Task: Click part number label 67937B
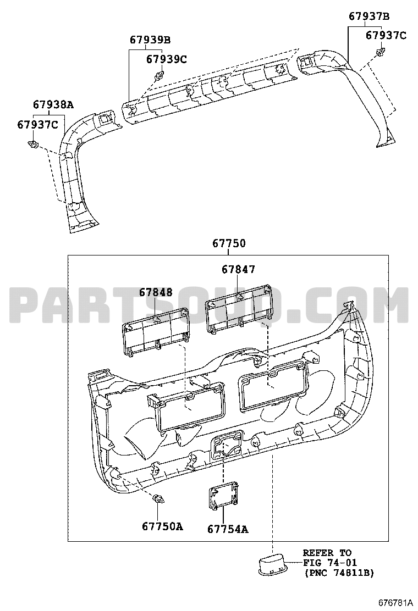[x=369, y=16]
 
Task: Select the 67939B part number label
[x=150, y=40]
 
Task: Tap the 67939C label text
[x=167, y=59]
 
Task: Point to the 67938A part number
[x=53, y=104]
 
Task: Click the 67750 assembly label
[x=229, y=243]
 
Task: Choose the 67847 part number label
[x=238, y=269]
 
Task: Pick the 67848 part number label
[x=156, y=292]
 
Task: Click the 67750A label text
[x=162, y=526]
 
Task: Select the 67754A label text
[x=228, y=529]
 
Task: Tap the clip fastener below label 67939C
[x=159, y=75]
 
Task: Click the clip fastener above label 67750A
[x=158, y=499]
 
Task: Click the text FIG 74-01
[x=330, y=563]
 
